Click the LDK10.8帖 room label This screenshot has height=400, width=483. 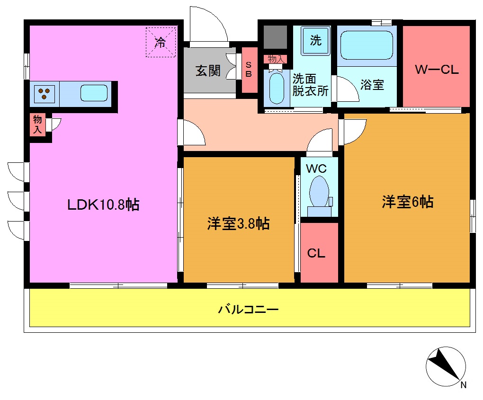click(x=103, y=204)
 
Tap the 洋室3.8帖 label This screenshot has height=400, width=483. click(x=238, y=223)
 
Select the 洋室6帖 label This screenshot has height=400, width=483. click(x=407, y=202)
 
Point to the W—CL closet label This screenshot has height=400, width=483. click(x=437, y=70)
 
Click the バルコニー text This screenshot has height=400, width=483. click(x=248, y=310)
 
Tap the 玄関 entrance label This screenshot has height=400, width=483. click(x=208, y=71)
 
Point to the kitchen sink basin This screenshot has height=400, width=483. click(x=94, y=93)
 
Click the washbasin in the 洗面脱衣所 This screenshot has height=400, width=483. click(x=275, y=88)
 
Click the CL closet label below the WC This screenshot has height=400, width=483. click(x=316, y=253)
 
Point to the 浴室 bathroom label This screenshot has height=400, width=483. click(x=372, y=85)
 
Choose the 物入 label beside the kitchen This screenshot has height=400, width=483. click(x=37, y=124)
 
